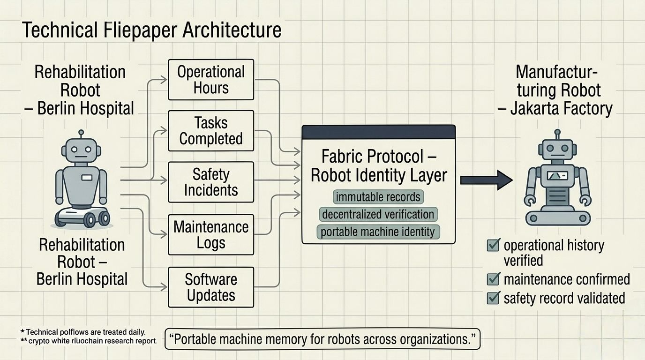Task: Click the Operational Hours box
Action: tap(210, 80)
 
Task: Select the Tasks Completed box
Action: tap(210, 131)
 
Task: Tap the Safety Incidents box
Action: tap(210, 182)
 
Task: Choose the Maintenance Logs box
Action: tap(210, 234)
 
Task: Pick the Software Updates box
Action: tap(210, 287)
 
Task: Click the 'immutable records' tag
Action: tap(378, 197)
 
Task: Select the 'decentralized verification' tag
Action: tap(378, 214)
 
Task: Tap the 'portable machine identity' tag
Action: tap(378, 232)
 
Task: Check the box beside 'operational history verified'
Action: tap(493, 245)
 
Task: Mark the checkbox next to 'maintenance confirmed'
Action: tap(493, 280)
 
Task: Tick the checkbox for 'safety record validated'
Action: tap(493, 298)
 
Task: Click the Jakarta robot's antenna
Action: tap(557, 135)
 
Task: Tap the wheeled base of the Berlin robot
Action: tap(82, 217)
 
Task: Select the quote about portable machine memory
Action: tap(323, 339)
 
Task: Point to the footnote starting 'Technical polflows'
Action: tap(86, 332)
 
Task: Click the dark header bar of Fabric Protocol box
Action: tap(378, 132)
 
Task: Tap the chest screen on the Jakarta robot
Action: tap(557, 176)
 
